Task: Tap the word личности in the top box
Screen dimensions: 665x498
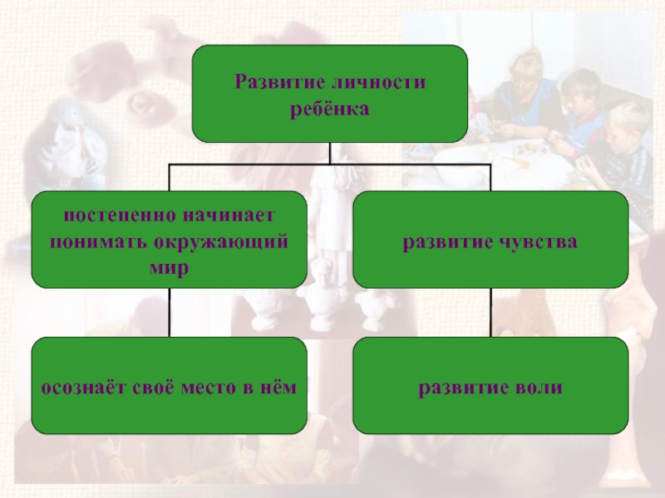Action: [372, 83]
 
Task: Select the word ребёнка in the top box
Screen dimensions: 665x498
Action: [329, 109]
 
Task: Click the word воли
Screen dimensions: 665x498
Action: [539, 388]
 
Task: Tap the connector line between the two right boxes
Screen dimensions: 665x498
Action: [490, 313]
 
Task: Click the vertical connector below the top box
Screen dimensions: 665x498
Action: [330, 154]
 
